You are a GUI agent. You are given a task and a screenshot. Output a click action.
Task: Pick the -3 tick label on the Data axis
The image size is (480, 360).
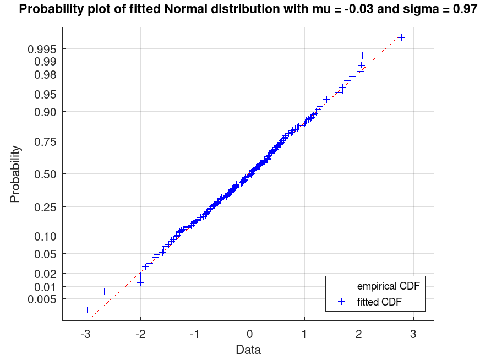click(85, 334)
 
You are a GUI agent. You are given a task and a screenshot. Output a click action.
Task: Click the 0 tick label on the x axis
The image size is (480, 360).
click(249, 334)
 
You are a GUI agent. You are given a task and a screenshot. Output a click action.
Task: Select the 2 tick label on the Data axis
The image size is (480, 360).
click(359, 334)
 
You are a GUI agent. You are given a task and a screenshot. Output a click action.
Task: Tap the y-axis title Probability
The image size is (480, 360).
click(15, 174)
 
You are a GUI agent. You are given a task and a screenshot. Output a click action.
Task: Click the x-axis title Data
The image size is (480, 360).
click(248, 350)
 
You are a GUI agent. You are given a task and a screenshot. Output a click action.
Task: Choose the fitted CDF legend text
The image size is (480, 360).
click(383, 301)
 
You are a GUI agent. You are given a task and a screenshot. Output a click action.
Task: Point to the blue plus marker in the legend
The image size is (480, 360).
click(341, 301)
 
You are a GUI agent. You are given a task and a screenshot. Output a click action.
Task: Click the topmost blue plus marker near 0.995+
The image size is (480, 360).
click(401, 37)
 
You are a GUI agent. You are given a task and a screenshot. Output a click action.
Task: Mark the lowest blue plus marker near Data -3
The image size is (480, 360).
click(87, 310)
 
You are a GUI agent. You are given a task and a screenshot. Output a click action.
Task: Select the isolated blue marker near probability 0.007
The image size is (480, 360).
click(104, 291)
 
